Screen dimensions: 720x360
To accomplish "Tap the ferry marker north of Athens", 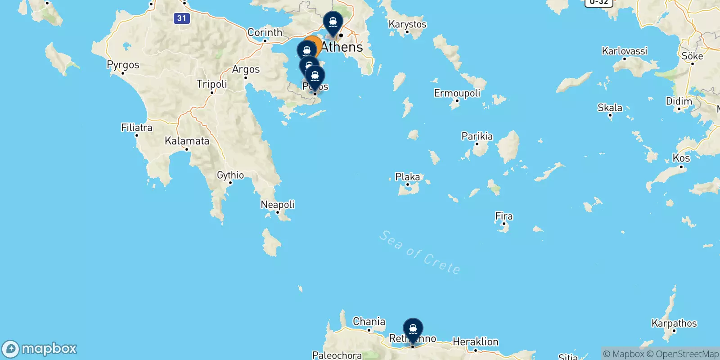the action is (333, 22).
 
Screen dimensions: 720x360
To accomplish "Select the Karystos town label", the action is (407, 24).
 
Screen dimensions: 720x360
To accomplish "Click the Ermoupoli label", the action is (457, 93).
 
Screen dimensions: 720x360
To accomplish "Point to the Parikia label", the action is (477, 136).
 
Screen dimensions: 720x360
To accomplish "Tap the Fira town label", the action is (504, 216).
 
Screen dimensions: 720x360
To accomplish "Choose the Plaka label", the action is (407, 177).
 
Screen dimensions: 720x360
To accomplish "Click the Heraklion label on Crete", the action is (475, 342).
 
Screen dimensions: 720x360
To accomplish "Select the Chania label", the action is (369, 321).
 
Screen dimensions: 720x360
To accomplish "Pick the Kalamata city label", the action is (187, 141).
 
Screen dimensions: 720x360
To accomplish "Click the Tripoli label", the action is (211, 84).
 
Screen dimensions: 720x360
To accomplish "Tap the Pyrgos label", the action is (123, 65).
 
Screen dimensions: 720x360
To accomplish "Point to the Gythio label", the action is (230, 175).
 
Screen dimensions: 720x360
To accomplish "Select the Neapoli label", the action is (277, 205).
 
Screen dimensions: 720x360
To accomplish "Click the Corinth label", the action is (265, 32).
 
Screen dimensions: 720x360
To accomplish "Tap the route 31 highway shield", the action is (181, 18).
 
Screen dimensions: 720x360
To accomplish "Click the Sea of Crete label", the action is (419, 252).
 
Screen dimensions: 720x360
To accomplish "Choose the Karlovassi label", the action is (624, 51).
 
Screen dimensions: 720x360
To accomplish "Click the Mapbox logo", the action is (40, 349).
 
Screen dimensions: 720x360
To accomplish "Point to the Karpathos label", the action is (674, 323).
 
